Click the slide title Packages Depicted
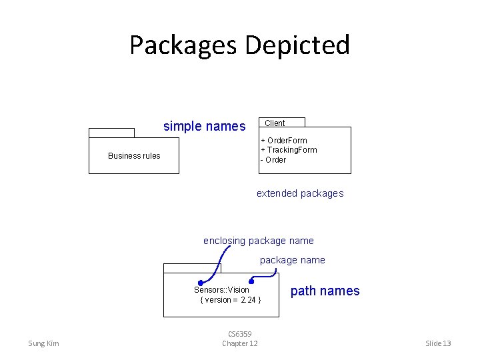coord(239,45)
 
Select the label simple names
coord(204,126)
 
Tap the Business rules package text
coord(134,156)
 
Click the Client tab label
coord(275,123)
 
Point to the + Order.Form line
coord(284,141)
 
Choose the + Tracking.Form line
coord(289,150)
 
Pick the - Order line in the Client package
coord(273,160)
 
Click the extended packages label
coord(300,193)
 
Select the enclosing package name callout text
coord(258,241)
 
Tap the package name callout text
coord(292,260)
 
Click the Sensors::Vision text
coord(221,290)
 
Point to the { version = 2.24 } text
coord(230,300)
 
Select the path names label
coord(325,291)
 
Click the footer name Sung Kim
coord(43,343)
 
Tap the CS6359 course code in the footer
coord(239,334)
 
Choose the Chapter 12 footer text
coord(239,343)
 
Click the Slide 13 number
coord(438,343)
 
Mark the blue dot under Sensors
coord(201,283)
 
